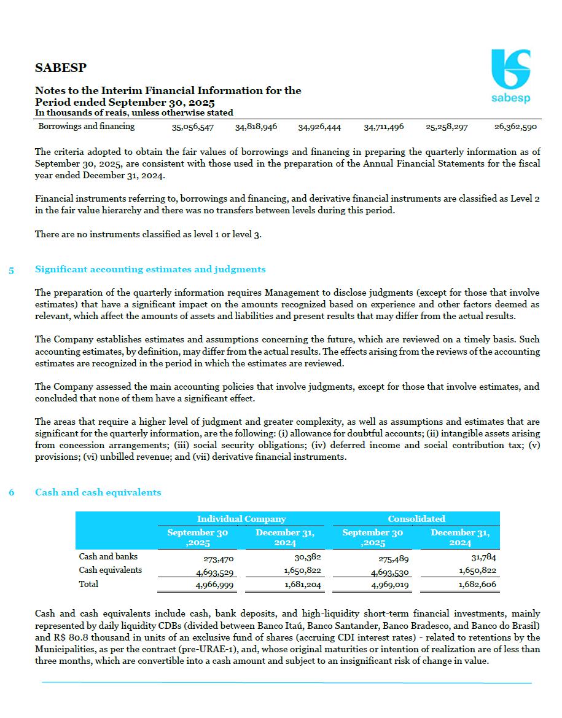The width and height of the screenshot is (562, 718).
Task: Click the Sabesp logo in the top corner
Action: (x=510, y=76)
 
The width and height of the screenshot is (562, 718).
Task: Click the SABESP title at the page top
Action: (x=61, y=68)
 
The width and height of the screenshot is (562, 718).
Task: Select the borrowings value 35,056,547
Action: (x=193, y=127)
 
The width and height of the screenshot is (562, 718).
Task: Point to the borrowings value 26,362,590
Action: (x=515, y=127)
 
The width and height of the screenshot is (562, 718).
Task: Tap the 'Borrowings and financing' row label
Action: (x=87, y=127)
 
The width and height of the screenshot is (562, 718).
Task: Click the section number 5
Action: (x=12, y=269)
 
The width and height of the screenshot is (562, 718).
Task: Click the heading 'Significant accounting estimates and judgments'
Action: (x=150, y=269)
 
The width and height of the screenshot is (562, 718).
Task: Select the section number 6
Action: (x=12, y=492)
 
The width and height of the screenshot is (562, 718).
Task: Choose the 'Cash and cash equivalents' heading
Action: (x=98, y=492)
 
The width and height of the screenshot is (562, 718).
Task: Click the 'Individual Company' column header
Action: (x=241, y=519)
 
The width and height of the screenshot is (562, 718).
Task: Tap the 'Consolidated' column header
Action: (x=416, y=519)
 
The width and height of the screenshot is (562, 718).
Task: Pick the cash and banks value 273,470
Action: (x=219, y=559)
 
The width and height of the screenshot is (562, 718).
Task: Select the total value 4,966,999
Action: (x=214, y=585)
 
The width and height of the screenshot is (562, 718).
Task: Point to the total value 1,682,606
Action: (x=477, y=585)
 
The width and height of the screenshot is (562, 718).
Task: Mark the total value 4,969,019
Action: (x=390, y=585)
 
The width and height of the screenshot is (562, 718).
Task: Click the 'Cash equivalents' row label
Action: (x=111, y=570)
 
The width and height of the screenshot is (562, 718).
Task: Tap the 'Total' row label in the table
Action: (x=88, y=584)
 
